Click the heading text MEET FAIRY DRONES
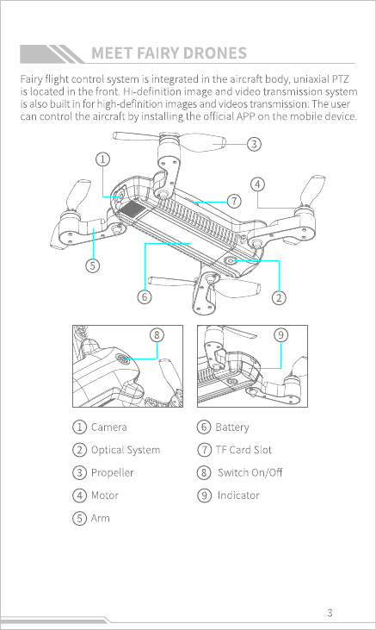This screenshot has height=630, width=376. [169, 53]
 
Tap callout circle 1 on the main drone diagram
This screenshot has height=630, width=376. [102, 159]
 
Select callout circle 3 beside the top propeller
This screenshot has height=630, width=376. [254, 144]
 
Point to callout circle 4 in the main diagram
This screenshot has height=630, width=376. [257, 184]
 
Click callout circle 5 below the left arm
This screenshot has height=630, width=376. [93, 265]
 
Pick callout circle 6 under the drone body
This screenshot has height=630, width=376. [145, 297]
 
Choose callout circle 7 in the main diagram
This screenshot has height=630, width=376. [234, 201]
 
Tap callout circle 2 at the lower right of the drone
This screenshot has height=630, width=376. [279, 297]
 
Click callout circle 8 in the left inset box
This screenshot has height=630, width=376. [157, 334]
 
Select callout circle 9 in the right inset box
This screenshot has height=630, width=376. [280, 334]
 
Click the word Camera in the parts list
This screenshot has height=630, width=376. [108, 427]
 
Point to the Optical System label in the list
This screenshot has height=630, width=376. [126, 450]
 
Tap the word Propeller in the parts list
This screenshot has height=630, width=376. [113, 473]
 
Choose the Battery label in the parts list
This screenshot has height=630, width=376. [232, 427]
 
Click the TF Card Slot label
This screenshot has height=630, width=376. [243, 450]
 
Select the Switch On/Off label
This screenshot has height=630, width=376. [250, 472]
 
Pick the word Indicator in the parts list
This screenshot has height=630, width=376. [238, 496]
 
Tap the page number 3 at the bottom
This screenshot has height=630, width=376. [330, 613]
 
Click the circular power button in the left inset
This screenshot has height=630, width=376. [124, 359]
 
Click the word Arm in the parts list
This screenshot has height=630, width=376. [101, 518]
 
